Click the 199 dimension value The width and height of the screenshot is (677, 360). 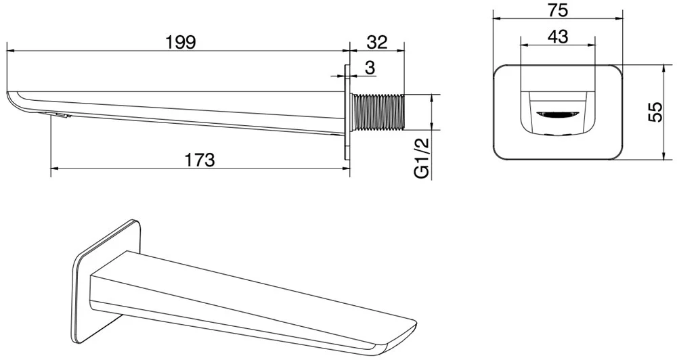pyautogui.click(x=181, y=42)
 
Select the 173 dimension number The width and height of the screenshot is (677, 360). pyautogui.click(x=200, y=160)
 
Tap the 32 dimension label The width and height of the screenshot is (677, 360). pyautogui.click(x=377, y=42)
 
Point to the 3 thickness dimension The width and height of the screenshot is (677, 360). pyautogui.click(x=370, y=68)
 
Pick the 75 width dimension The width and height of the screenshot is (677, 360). pyautogui.click(x=558, y=10)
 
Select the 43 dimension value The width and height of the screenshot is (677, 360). pyautogui.click(x=558, y=37)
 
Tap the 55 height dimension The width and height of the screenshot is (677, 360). pyautogui.click(x=655, y=112)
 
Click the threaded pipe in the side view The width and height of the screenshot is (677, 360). pyautogui.click(x=379, y=112)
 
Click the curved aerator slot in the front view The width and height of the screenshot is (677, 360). pyautogui.click(x=557, y=114)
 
